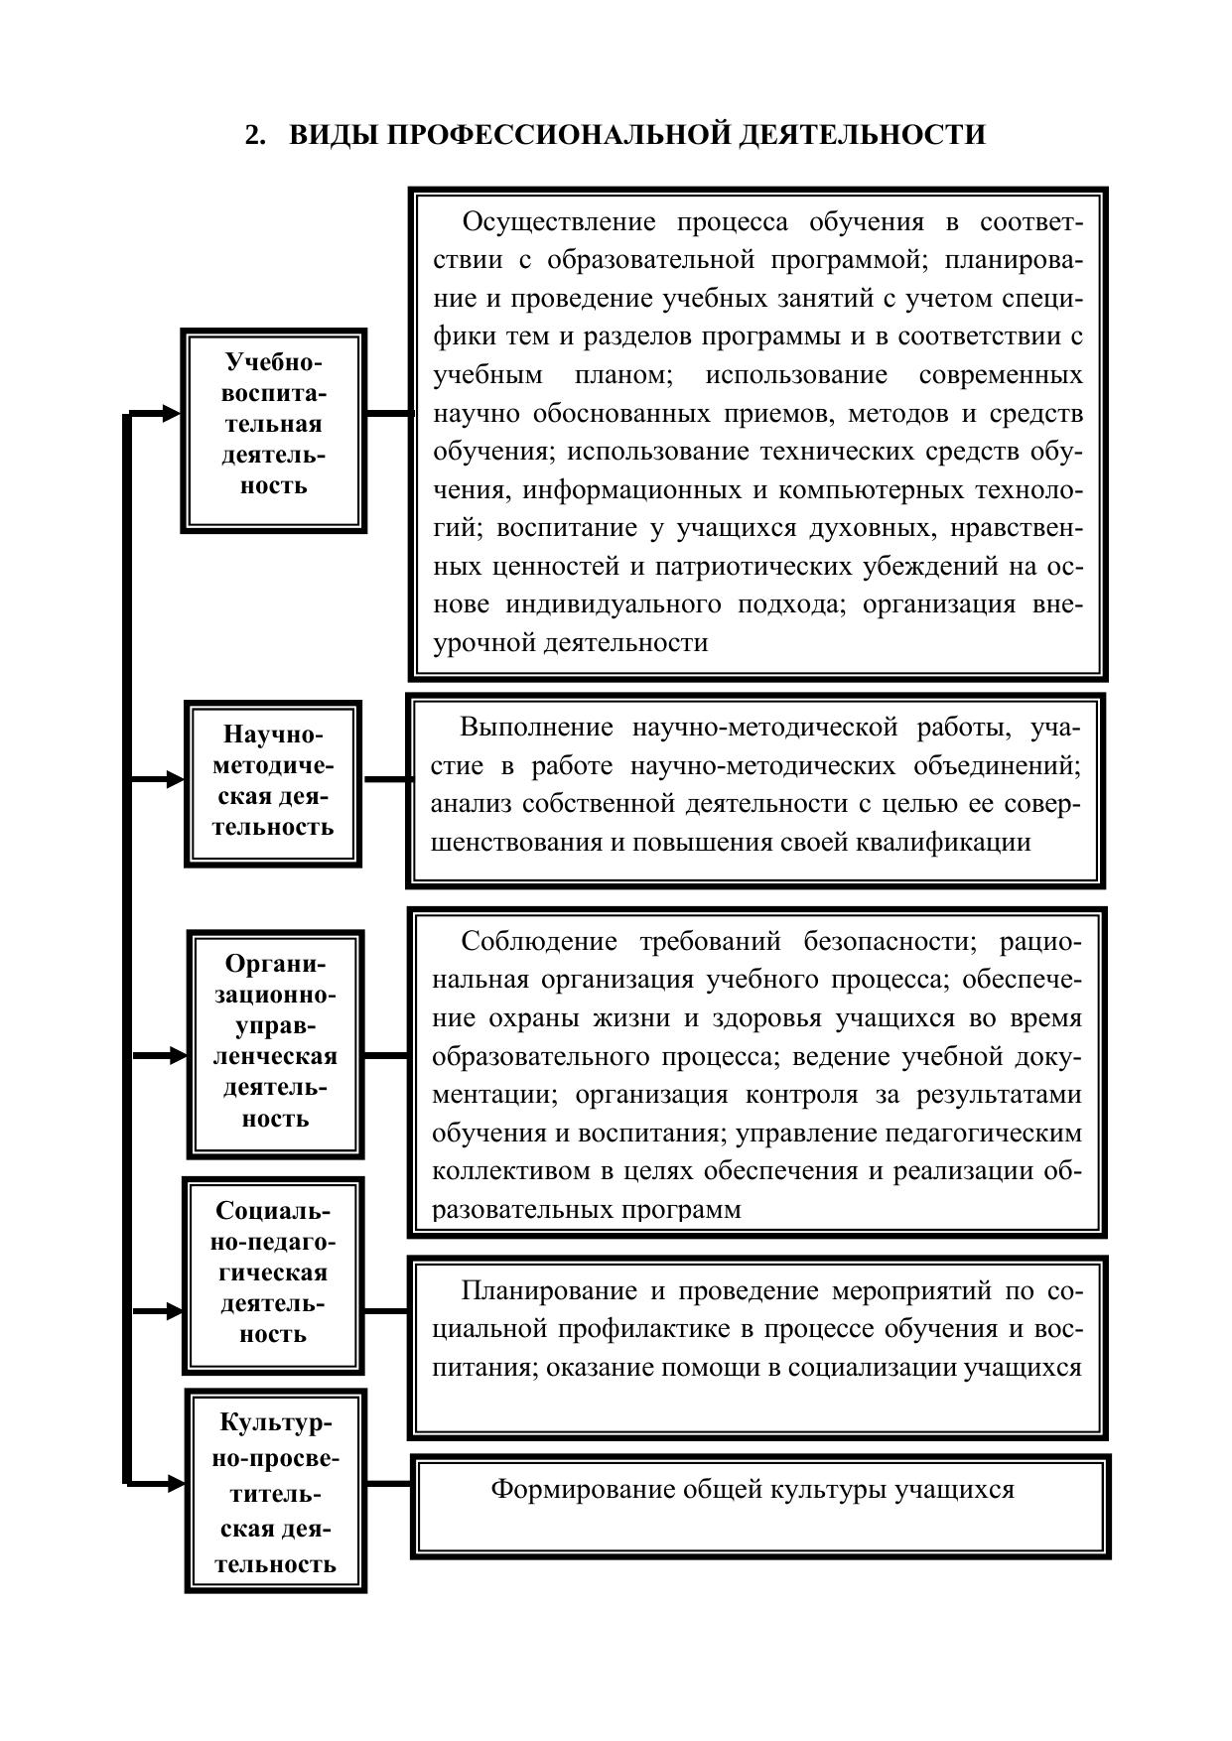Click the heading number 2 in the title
[253, 135]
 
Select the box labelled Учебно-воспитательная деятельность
[273, 430]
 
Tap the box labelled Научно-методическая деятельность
[273, 782]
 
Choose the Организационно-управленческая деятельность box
[275, 1043]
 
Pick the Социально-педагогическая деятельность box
[273, 1274]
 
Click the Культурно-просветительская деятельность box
[275, 1491]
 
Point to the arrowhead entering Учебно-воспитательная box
[171, 413]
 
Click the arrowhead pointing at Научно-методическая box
[175, 780]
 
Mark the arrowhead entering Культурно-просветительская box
[176, 1484]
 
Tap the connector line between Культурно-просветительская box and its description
[388, 1484]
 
